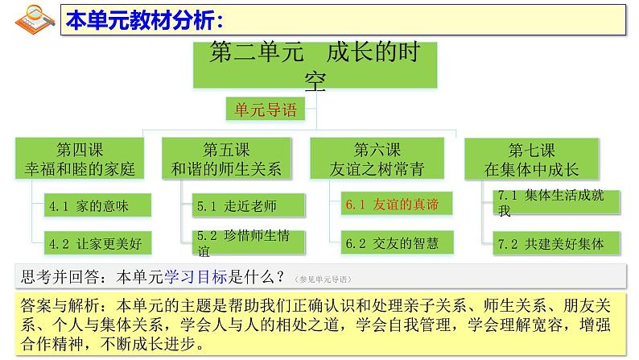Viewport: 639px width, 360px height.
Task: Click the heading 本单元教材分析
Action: (x=145, y=18)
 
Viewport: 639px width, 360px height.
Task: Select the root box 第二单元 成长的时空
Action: (x=315, y=65)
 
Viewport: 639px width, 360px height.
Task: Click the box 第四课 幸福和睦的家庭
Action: (x=80, y=159)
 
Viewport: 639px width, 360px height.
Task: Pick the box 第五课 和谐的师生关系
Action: (x=227, y=159)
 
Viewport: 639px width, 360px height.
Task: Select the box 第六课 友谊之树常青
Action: (x=377, y=159)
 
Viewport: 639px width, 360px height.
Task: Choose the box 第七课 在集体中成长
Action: (x=532, y=159)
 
